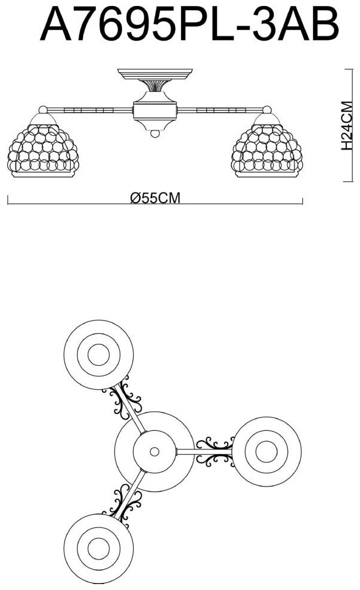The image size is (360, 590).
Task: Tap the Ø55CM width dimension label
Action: click(x=155, y=198)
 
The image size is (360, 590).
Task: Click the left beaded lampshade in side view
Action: click(x=44, y=149)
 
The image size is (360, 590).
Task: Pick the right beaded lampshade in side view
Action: click(x=266, y=149)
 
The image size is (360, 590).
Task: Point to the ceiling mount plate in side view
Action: click(x=155, y=74)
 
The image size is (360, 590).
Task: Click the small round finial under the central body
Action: click(x=155, y=135)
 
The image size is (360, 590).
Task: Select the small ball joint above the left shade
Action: click(x=43, y=110)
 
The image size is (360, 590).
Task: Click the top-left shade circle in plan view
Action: click(x=98, y=356)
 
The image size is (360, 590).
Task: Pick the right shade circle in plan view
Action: click(x=266, y=451)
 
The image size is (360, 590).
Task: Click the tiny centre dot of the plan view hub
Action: click(x=154, y=451)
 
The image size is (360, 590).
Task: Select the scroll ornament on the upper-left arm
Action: click(x=124, y=400)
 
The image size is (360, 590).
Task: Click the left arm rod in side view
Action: click(x=89, y=110)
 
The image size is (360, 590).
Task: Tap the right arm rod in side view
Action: click(x=221, y=110)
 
